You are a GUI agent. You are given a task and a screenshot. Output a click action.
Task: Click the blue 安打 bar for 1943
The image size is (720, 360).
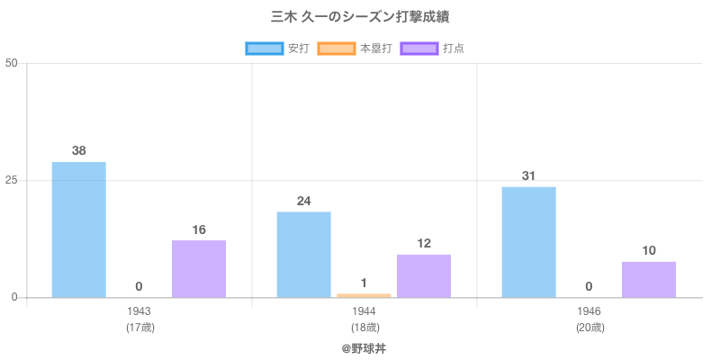79,229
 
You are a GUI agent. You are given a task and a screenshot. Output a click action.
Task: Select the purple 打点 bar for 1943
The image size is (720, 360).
199,268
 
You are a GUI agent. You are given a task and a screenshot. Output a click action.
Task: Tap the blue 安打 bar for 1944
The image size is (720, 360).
304,254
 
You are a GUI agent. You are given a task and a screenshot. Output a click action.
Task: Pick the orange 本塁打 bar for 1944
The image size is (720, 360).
364,295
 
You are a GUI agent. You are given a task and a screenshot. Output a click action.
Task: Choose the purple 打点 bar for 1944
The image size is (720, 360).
424,275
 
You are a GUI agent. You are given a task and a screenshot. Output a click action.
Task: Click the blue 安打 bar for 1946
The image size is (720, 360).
529,241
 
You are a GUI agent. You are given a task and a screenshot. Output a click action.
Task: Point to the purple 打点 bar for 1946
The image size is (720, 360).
649,279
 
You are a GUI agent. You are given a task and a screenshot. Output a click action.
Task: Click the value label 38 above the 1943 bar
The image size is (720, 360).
79,150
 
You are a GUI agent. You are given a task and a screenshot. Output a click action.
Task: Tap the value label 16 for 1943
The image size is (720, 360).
199,229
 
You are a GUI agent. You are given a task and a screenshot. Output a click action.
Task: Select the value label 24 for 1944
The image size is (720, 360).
304,201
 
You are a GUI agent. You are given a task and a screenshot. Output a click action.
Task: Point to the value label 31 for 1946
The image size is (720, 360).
529,175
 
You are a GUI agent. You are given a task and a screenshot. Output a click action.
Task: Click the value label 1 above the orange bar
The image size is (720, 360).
364,283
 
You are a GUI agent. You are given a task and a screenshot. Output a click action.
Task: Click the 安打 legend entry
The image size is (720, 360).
277,49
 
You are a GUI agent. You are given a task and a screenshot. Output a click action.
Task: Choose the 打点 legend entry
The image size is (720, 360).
432,49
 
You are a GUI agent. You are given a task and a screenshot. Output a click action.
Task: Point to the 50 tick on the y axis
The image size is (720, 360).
12,63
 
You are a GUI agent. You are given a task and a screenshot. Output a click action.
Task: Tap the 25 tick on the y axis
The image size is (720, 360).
12,180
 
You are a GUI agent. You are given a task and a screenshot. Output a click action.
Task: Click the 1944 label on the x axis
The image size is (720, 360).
364,311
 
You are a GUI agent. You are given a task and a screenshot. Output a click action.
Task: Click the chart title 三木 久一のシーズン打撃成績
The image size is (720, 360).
360,17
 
